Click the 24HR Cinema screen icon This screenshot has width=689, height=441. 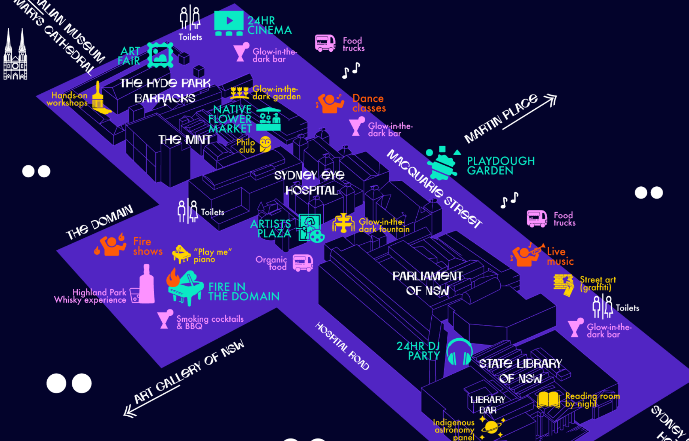(228, 23)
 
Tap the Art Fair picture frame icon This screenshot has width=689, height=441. (160, 55)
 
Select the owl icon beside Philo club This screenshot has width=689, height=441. (265, 144)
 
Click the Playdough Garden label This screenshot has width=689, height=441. (500, 166)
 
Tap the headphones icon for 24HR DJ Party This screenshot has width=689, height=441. (459, 352)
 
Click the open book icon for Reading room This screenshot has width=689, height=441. (548, 400)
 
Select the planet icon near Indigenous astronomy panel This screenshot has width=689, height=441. (491, 427)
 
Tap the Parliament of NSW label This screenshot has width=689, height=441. (427, 283)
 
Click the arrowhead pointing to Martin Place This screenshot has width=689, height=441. (551, 99)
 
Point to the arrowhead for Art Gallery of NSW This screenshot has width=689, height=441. (130, 412)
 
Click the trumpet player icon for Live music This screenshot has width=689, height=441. (527, 255)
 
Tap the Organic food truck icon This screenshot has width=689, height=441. (303, 263)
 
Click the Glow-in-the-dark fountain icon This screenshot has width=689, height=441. (343, 223)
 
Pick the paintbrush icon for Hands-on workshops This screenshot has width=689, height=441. (99, 98)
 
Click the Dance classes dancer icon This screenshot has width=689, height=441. (330, 103)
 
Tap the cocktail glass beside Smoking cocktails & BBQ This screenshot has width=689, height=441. (165, 319)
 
